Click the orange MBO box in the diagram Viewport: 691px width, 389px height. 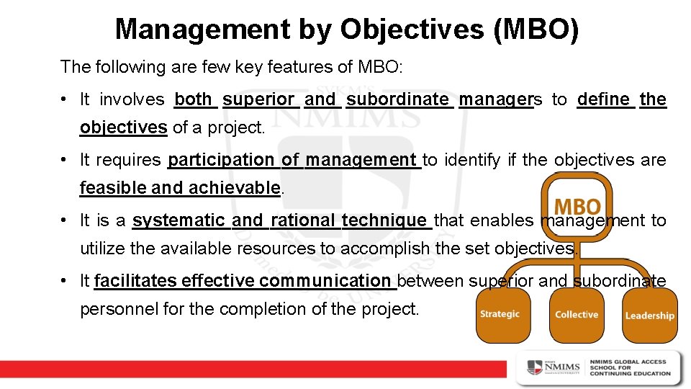coord(577,207)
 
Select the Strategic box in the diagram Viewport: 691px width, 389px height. coord(500,315)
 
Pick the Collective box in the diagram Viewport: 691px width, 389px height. coord(577,315)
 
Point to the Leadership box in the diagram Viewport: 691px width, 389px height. coord(649,316)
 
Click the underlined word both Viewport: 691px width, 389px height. coord(194,99)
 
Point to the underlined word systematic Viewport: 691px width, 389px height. coord(179,220)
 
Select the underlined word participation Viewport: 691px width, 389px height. coord(221,160)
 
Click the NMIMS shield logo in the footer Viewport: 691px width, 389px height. coord(536,367)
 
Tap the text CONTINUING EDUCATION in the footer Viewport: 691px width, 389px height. coord(630,373)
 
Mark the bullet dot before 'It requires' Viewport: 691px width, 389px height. coord(65,160)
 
